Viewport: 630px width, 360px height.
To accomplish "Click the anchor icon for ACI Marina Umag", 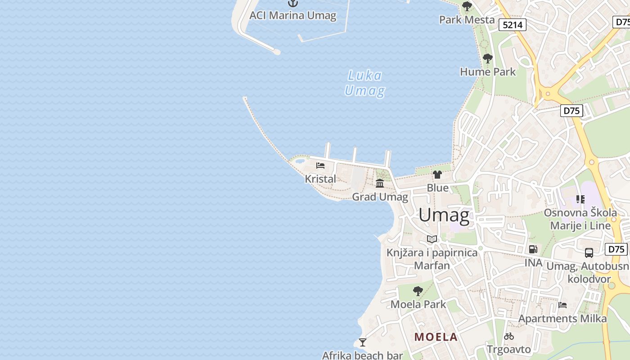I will point(293,3).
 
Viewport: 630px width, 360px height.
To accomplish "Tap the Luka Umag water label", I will point(364,83).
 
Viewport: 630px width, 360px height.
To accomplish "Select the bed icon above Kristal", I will point(320,166).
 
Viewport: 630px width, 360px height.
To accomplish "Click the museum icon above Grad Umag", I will point(380,183).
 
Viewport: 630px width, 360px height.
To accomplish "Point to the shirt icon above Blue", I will point(437,175).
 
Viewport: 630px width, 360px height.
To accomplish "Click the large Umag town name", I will point(444,215).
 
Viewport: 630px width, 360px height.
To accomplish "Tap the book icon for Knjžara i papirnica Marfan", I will point(432,239).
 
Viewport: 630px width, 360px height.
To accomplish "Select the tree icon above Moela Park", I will point(418,291).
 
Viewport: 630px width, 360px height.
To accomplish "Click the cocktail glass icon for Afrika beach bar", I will point(362,342).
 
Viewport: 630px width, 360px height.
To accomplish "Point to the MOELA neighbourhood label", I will point(436,337).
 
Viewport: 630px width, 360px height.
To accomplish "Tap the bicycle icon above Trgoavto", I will point(509,336).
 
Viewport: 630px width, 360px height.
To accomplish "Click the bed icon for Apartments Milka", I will point(562,305).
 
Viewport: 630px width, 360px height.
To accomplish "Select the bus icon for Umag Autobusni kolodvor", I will point(589,253).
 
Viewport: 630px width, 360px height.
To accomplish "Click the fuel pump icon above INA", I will point(533,249).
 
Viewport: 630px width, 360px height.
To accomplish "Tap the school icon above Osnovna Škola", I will point(580,199).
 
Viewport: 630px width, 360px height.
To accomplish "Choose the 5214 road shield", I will point(513,25).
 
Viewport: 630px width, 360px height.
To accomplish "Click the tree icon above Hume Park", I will point(487,58).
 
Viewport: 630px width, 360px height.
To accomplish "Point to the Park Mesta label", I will point(467,20).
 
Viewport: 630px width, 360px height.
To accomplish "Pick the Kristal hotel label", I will point(320,179).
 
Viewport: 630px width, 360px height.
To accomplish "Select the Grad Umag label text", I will point(380,197).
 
